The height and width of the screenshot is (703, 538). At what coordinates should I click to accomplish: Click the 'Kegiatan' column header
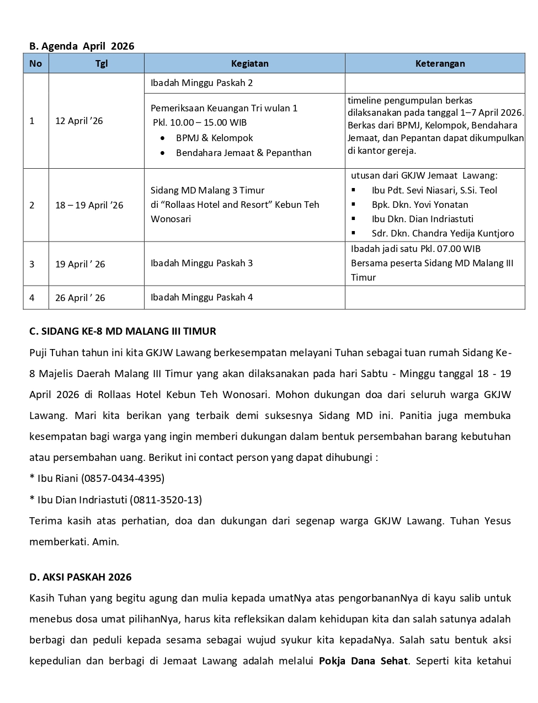[249, 63]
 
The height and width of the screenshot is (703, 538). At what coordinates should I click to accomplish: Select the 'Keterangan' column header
[440, 63]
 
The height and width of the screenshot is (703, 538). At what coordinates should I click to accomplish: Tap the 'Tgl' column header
[102, 63]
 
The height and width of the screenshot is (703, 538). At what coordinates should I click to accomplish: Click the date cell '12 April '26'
[79, 121]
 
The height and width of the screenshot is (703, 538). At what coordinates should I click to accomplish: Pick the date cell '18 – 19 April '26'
[89, 205]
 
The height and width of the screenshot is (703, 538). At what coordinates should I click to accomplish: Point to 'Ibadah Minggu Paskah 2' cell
[201, 83]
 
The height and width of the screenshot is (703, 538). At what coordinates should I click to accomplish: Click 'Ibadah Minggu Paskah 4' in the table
[201, 297]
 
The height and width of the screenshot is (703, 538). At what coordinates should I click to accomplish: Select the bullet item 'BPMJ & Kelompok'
[214, 138]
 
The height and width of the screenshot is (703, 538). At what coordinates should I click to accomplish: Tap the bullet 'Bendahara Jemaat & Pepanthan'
[243, 153]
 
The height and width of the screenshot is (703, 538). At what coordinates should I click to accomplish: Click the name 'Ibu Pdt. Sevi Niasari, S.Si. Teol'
[434, 190]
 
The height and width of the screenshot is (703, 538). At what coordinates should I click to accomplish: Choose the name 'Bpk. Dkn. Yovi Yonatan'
[419, 205]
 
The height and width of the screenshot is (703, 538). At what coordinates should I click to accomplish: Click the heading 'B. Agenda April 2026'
[82, 46]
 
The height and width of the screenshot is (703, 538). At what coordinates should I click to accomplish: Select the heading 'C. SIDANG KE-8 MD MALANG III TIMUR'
[122, 331]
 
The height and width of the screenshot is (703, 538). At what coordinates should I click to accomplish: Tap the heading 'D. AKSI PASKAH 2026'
[80, 577]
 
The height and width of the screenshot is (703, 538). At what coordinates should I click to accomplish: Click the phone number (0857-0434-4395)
[122, 478]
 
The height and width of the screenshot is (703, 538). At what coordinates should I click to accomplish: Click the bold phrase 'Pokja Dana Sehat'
[363, 661]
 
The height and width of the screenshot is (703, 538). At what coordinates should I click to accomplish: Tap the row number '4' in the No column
[32, 298]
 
